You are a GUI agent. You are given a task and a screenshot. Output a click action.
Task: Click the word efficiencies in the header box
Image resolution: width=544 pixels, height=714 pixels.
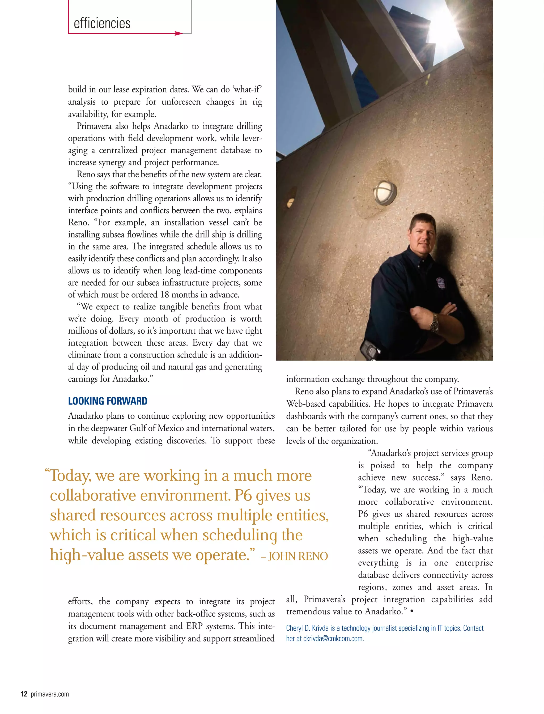pos(102,23)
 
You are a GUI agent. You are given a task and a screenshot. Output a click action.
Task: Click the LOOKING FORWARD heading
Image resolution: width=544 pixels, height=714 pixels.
pos(108,401)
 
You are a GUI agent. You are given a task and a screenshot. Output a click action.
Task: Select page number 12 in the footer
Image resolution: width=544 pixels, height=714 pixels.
pos(24,694)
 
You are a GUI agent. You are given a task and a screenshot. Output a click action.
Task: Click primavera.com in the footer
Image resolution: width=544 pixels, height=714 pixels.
pos(50,694)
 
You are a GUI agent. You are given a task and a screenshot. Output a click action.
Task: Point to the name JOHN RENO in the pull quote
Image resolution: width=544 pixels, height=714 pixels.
pos(298,556)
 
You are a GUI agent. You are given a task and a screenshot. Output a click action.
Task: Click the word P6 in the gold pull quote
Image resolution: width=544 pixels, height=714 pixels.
pos(243,495)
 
